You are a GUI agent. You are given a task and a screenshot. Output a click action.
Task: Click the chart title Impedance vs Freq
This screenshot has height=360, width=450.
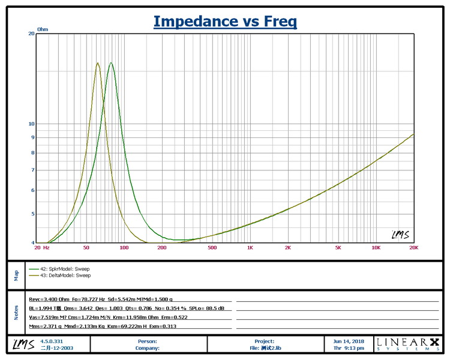225,22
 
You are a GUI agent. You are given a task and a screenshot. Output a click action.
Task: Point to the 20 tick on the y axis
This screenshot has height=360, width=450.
31,34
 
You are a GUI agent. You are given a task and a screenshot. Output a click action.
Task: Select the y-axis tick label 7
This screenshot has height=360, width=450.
32,170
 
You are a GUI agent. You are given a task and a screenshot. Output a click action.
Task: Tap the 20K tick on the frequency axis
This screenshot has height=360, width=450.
413,247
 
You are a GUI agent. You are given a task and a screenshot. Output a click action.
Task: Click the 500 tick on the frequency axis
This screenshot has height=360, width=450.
212,247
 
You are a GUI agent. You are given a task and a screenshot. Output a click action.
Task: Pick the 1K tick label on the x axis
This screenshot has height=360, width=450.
250,247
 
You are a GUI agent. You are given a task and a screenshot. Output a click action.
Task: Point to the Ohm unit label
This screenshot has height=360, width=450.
43,29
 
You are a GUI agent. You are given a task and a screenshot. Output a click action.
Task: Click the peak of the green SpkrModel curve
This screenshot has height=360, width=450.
110,63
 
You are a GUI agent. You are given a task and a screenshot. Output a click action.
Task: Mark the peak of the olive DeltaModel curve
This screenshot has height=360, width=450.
98,62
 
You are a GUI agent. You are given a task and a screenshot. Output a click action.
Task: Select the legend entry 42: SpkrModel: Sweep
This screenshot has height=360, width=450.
59,269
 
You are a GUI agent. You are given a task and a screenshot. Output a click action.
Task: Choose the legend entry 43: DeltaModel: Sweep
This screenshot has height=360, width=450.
60,275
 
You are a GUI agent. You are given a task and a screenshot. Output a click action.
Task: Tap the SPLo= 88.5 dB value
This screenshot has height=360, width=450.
212,308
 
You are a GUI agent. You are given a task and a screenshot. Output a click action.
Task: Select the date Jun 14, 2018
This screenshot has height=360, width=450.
348,341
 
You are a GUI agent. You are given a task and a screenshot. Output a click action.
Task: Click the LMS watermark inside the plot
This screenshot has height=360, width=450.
400,235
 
